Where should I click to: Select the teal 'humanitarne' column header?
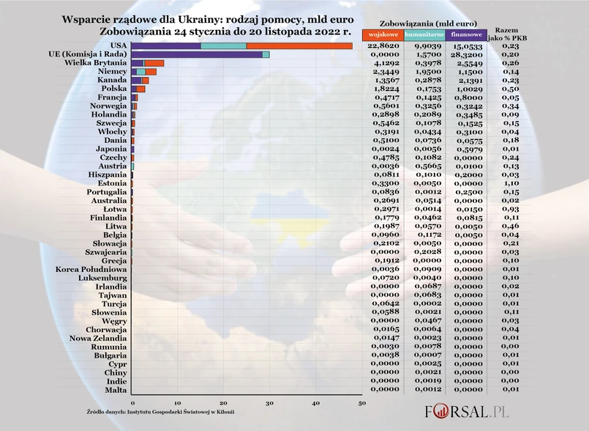(424, 34)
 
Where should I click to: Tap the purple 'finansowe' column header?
(468, 34)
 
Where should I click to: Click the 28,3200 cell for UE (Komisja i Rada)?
(467, 55)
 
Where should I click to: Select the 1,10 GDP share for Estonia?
(511, 183)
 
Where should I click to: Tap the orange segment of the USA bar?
(299, 45)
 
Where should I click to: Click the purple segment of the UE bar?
(197, 54)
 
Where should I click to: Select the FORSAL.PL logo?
(468, 410)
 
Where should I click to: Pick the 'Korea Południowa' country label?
(91, 270)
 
